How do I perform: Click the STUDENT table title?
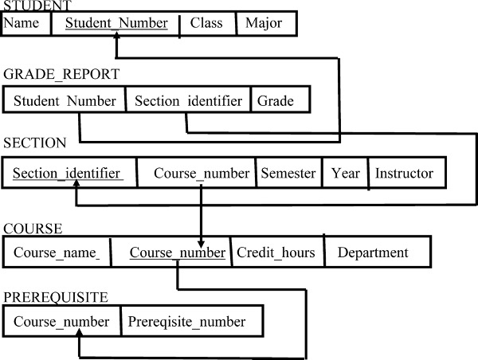point(33,6)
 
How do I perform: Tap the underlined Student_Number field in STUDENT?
point(116,23)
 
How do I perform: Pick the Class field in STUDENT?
point(206,23)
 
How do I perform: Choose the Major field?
point(264,23)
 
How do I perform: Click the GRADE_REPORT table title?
point(61,75)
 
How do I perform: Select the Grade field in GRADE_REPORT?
point(276,101)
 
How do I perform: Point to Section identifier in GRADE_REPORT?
point(188,101)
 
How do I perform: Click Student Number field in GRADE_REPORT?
point(65,101)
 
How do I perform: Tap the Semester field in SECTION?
point(288,173)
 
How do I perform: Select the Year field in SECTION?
point(345,173)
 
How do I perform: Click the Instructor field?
point(404,173)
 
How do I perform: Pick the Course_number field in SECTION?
point(196,173)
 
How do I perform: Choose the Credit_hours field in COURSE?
point(276,253)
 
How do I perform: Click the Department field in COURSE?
point(373,253)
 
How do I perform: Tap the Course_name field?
point(56,253)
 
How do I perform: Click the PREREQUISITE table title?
point(56,297)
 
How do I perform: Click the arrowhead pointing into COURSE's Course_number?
point(200,241)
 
